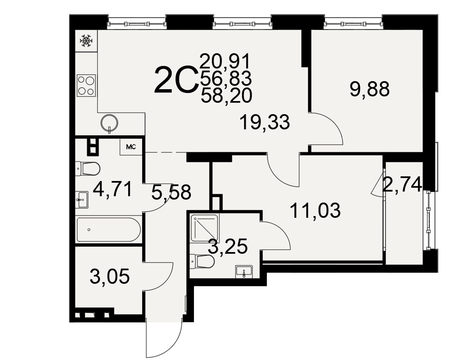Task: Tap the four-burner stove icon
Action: (86, 85)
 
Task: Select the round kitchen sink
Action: (109, 123)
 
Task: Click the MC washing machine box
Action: (131, 147)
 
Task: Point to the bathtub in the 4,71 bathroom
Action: (109, 229)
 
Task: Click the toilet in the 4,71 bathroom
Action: (88, 168)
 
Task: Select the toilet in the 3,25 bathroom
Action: (202, 261)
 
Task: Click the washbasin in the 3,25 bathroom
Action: (243, 272)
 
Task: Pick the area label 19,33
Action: (265, 122)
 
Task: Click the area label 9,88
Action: (369, 89)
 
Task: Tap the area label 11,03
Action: (315, 211)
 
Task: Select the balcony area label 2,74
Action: (402, 184)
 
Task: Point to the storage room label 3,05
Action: (110, 276)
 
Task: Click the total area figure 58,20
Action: (226, 95)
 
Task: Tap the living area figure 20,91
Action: (225, 61)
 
